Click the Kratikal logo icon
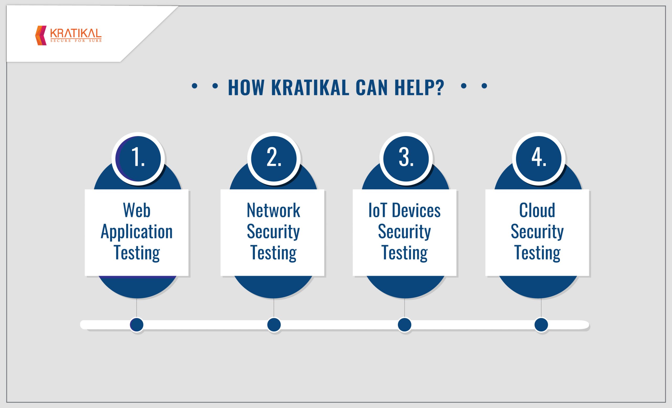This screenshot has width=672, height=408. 41,35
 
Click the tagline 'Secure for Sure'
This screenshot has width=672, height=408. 76,41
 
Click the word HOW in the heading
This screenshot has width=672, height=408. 246,87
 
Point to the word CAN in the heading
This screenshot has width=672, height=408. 371,87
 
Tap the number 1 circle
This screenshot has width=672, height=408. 138,159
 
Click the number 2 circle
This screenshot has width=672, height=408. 274,159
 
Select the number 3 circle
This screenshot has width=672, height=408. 406,159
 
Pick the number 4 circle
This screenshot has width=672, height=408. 539,159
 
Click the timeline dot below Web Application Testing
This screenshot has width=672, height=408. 137,325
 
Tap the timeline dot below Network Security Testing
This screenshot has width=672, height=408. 274,325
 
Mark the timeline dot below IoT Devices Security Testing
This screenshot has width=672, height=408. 405,325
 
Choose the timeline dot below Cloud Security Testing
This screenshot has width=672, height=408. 541,325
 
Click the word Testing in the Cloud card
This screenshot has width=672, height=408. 537,253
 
